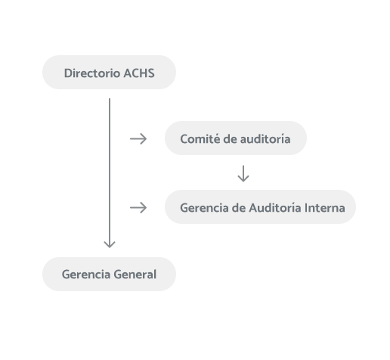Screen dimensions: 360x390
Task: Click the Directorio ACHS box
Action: [x=109, y=73]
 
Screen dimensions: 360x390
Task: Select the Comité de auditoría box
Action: [x=236, y=138]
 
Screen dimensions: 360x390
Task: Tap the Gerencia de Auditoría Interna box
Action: [x=260, y=207]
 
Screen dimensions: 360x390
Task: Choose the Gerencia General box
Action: [x=109, y=274]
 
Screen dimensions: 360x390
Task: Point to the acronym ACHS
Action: [x=140, y=73]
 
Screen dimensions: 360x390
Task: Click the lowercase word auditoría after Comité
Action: [x=262, y=139]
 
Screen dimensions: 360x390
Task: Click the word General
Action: [x=135, y=275]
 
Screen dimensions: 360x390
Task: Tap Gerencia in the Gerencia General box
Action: [x=85, y=275]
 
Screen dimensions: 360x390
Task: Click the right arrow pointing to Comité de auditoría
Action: [x=138, y=139]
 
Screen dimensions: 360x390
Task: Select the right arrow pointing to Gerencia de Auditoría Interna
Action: [x=138, y=207]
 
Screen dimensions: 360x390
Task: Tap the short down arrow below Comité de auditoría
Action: [x=243, y=174]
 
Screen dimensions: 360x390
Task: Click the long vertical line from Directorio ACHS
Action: [x=110, y=166]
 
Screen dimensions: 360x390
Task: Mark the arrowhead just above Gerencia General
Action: [x=110, y=244]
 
